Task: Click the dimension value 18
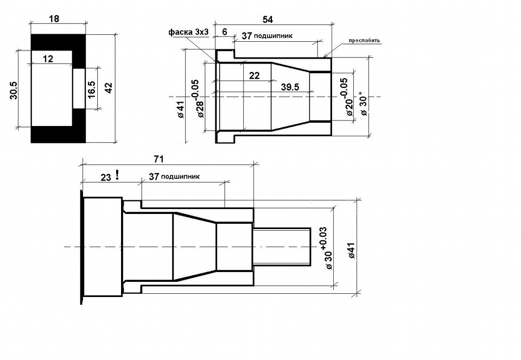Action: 54,18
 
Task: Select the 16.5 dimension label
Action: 92,90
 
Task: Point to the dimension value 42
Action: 109,88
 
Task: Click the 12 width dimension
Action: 48,59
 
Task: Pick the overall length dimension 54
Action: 268,20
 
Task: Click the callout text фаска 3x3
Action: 189,32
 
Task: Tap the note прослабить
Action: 364,41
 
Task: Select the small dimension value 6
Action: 225,32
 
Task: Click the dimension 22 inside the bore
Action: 254,76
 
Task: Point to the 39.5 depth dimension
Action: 290,87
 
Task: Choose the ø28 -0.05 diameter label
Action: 198,98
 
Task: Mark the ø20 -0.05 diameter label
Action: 347,97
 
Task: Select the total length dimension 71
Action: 159,160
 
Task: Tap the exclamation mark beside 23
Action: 117,175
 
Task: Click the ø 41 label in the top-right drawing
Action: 181,110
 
